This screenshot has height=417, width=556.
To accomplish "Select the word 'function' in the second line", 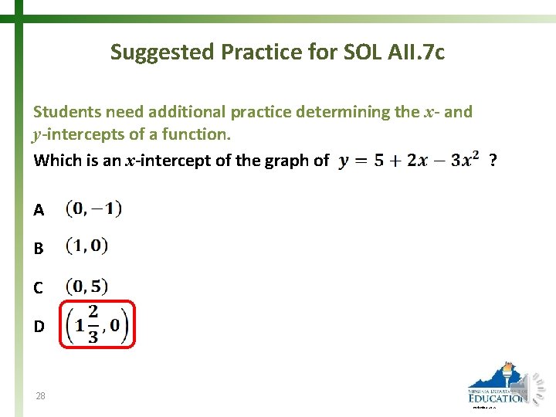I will pyautogui.click(x=200, y=134).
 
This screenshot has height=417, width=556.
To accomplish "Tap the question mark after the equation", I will pyautogui.click(x=494, y=160).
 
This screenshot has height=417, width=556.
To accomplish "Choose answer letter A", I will pyautogui.click(x=39, y=209).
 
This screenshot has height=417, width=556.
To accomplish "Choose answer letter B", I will pyautogui.click(x=39, y=249).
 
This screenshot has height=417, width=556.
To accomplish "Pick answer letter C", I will pyautogui.click(x=39, y=287).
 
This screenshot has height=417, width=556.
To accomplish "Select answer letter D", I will pyautogui.click(x=39, y=326).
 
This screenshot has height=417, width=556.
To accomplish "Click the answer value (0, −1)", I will pyautogui.click(x=93, y=208).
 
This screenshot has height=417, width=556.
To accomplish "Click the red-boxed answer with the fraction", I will pyautogui.click(x=97, y=324).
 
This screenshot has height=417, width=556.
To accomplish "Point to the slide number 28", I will pyautogui.click(x=40, y=396).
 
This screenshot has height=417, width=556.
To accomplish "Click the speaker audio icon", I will pyautogui.click(x=536, y=386).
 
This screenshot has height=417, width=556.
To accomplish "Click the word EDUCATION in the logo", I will pyautogui.click(x=497, y=398).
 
